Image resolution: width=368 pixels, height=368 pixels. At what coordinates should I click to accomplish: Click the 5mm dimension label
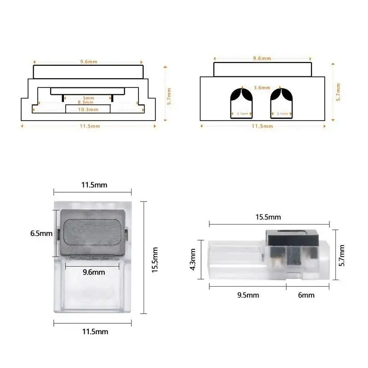(x=89, y=98)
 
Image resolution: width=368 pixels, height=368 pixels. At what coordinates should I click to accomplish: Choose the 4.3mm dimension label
(x=193, y=259)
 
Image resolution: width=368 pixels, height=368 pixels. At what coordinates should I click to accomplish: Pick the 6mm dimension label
(x=306, y=295)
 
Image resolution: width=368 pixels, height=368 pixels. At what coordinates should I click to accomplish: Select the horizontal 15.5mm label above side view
(x=268, y=217)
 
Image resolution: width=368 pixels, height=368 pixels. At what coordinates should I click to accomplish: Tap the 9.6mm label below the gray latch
(x=94, y=272)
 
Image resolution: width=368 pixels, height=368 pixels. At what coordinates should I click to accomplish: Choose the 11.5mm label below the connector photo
(x=94, y=331)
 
